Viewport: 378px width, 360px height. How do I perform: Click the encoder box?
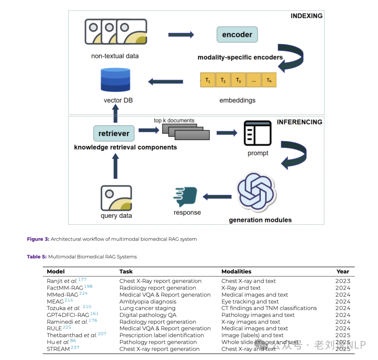tap(237, 34)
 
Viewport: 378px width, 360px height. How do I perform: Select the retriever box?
tap(114, 133)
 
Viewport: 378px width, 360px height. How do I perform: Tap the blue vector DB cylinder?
tap(115, 80)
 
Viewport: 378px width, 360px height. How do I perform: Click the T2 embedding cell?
tap(223, 80)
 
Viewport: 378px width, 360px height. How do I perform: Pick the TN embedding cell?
tap(269, 80)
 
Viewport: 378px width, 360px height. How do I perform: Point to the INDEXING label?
tap(306, 16)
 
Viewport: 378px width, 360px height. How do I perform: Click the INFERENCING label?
tap(299, 122)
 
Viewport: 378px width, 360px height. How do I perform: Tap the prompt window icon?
tap(258, 133)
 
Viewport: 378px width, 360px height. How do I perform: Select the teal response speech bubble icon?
tap(185, 196)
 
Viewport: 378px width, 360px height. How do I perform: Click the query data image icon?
tap(116, 198)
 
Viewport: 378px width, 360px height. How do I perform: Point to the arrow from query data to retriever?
tap(115, 166)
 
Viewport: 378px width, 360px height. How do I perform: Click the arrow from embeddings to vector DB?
tap(166, 82)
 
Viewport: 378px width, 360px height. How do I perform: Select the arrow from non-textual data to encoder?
tap(181, 35)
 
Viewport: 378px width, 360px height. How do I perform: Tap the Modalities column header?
tap(236, 271)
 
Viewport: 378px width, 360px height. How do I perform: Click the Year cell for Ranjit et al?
tap(343, 281)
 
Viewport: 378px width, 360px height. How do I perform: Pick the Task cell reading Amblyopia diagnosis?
tap(148, 302)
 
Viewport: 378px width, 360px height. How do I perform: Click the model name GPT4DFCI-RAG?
tap(68, 315)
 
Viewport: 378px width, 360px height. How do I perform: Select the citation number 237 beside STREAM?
tap(75, 347)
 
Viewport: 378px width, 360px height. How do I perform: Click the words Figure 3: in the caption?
tap(38, 239)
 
